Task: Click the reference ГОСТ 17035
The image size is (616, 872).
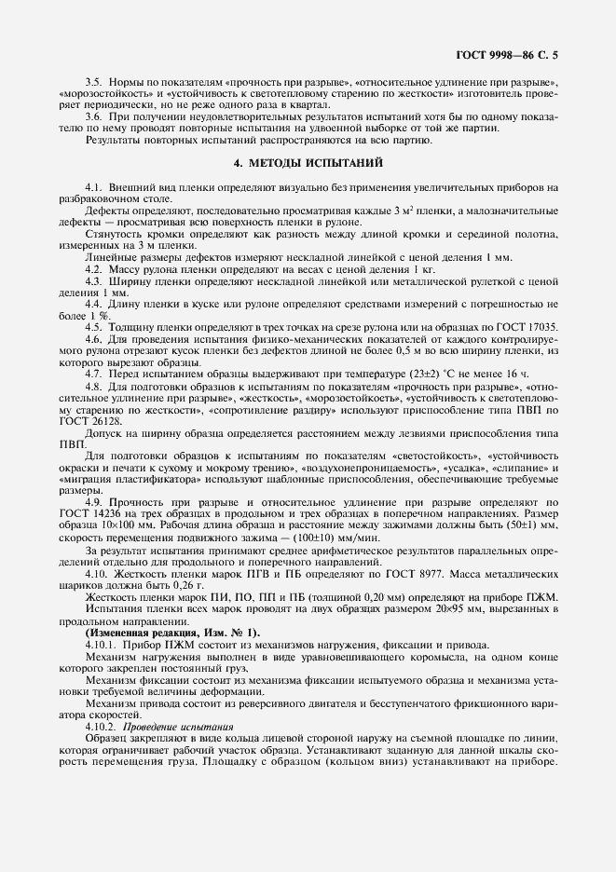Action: (527, 327)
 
